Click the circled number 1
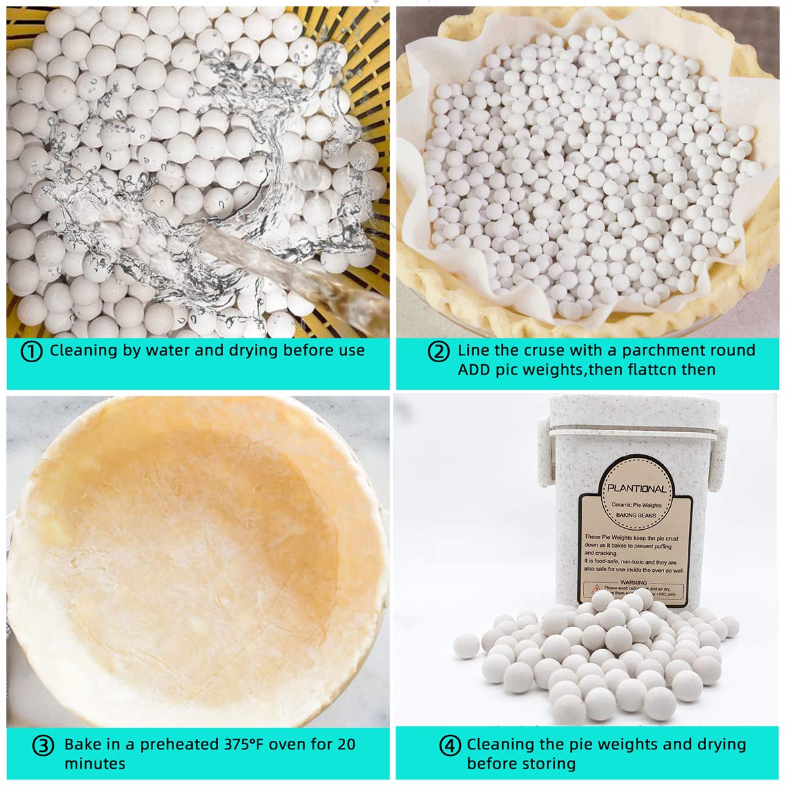31,352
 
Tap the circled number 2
438,352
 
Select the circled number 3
43,746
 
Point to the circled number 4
450,746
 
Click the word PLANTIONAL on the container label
637,489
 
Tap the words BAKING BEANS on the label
636,515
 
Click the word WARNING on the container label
633,582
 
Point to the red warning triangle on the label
595,589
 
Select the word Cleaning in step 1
84,350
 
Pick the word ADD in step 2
473,370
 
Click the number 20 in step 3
346,744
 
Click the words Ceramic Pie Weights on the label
636,505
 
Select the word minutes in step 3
94,764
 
